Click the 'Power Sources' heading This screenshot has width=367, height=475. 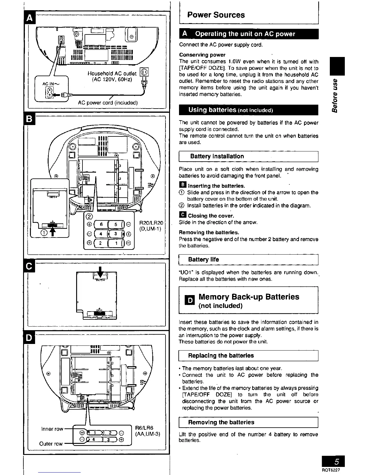(216, 15)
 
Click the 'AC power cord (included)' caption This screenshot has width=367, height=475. (108, 103)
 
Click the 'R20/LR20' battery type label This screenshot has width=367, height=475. (151, 223)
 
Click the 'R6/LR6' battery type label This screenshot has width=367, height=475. (145, 428)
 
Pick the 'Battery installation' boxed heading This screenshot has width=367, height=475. (217, 156)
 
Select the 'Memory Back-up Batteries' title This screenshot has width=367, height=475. (249, 297)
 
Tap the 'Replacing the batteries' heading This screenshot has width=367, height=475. (221, 356)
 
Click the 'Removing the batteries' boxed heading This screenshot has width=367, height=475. (221, 422)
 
